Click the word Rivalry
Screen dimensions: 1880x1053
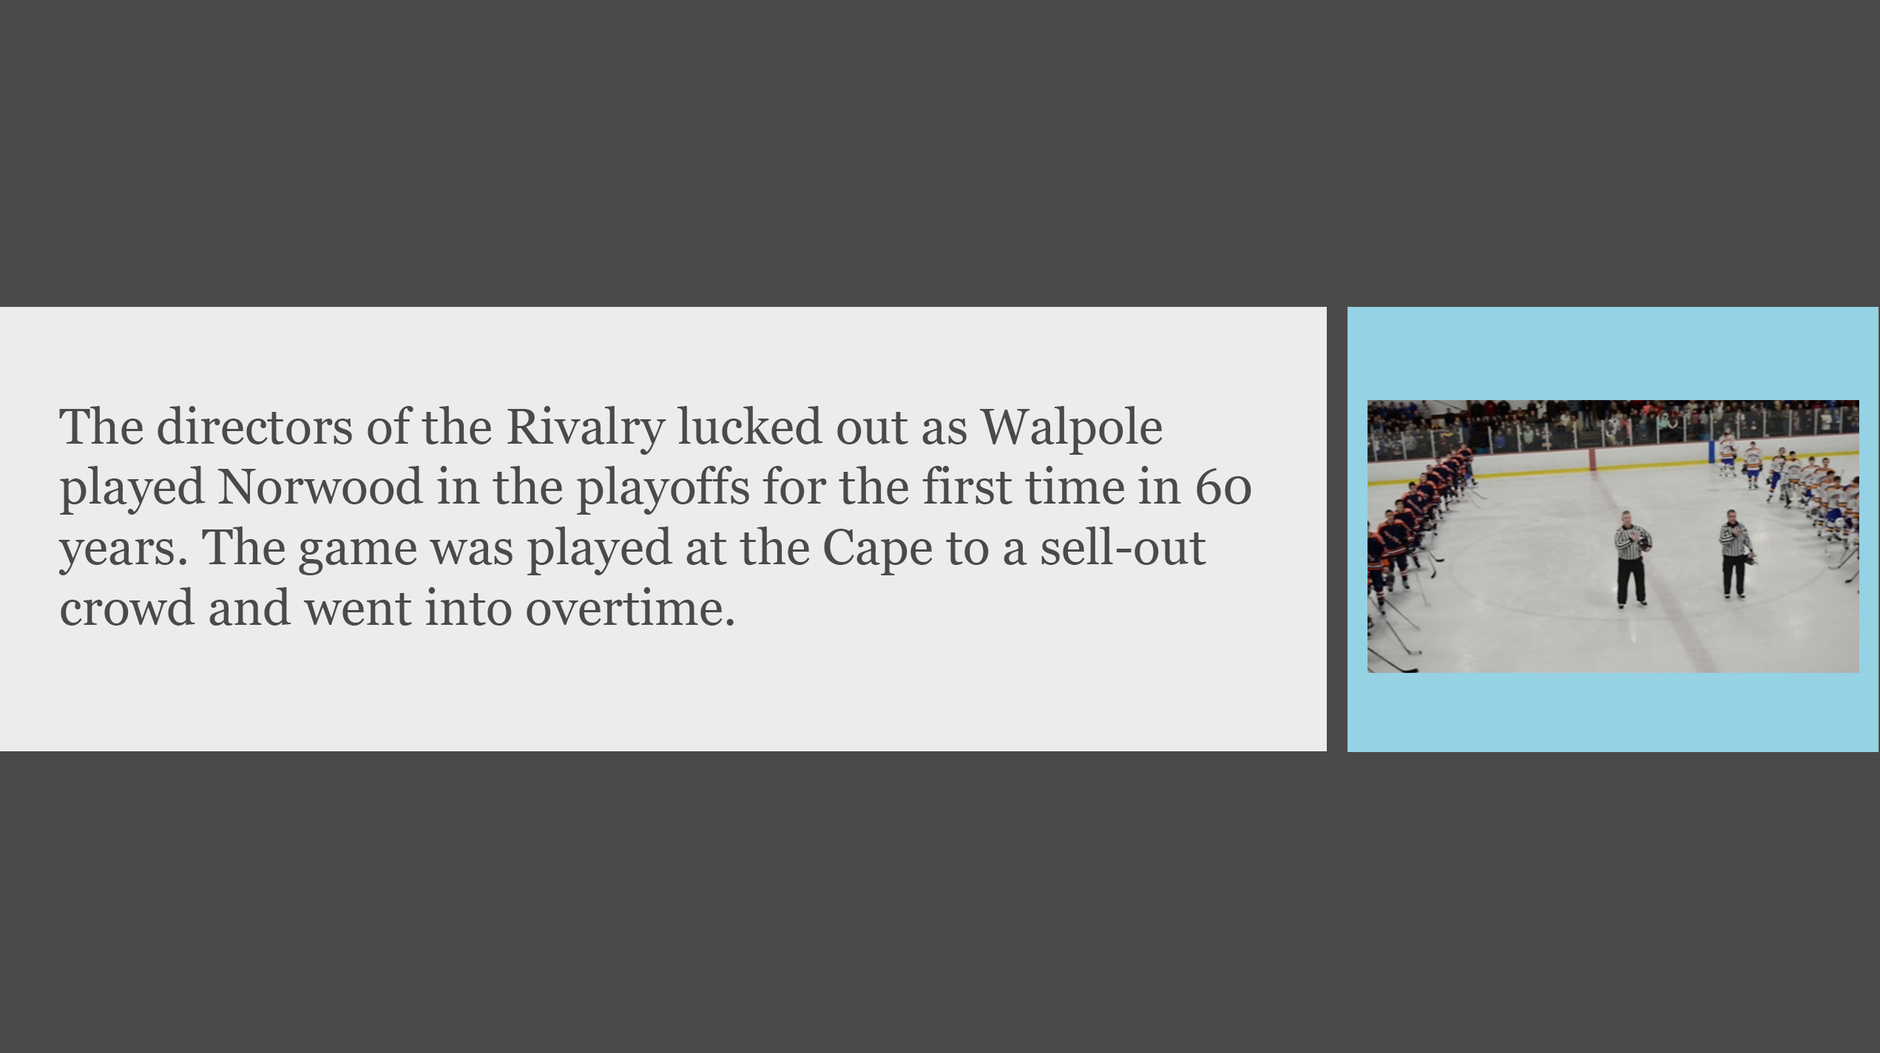586,429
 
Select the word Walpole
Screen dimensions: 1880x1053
1072,429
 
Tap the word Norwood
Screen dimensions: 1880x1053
319,487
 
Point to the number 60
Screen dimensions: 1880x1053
1224,488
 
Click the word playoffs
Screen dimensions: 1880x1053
663,489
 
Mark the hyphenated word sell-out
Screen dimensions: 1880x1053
1123,547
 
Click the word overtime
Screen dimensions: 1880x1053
630,609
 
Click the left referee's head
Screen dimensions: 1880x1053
1626,518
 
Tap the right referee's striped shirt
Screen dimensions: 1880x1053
1734,540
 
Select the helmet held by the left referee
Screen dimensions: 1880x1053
1643,543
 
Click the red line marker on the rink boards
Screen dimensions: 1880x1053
1592,459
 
